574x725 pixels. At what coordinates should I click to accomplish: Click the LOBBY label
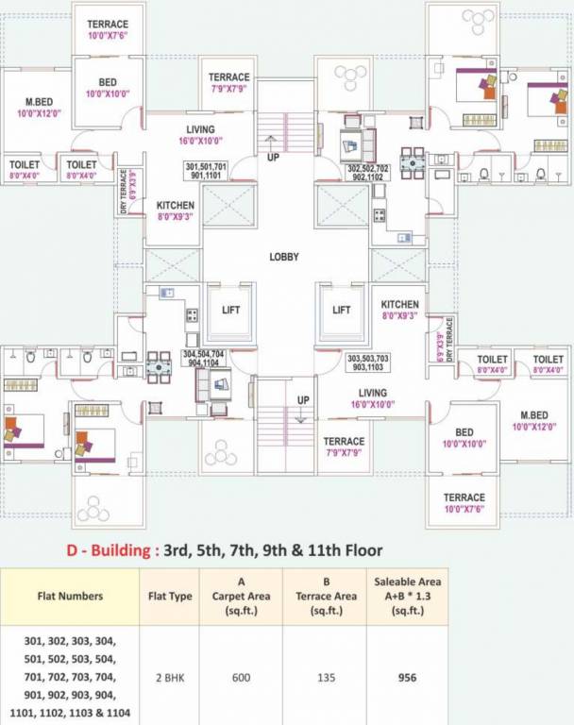284,257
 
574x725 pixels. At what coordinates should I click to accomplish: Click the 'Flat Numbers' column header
71,596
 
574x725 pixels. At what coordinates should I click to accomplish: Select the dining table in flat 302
412,162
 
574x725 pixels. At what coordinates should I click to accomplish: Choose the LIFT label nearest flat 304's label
231,309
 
